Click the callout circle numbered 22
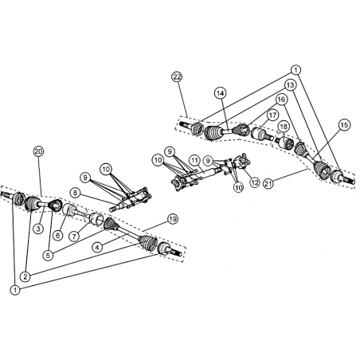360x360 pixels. pyautogui.click(x=177, y=77)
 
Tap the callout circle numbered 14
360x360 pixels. pyautogui.click(x=221, y=93)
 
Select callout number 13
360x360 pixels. pyautogui.click(x=291, y=85)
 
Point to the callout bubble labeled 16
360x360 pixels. pyautogui.click(x=281, y=100)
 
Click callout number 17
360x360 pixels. pyautogui.click(x=272, y=115)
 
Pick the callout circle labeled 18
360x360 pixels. pyautogui.click(x=284, y=127)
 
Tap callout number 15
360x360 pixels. pyautogui.click(x=344, y=125)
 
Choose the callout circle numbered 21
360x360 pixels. pyautogui.click(x=268, y=183)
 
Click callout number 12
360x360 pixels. pyautogui.click(x=255, y=182)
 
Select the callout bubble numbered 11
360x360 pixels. pyautogui.click(x=194, y=160)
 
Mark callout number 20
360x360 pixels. pyautogui.click(x=39, y=151)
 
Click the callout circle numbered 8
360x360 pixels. pyautogui.click(x=75, y=193)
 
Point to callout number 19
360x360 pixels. pyautogui.click(x=173, y=219)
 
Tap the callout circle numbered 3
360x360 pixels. pyautogui.click(x=39, y=229)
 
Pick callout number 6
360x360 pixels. pyautogui.click(x=58, y=235)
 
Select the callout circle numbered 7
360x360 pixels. pyautogui.click(x=74, y=236)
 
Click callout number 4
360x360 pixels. pyautogui.click(x=97, y=248)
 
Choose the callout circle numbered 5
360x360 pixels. pyautogui.click(x=48, y=256)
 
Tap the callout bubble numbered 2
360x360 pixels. pyautogui.click(x=25, y=277)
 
